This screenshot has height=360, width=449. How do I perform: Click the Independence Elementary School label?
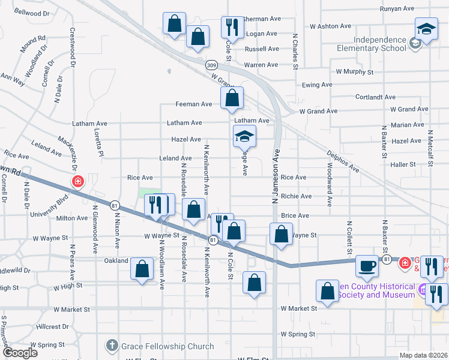[x=380, y=44]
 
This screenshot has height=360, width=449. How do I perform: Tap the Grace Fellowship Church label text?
[x=167, y=346]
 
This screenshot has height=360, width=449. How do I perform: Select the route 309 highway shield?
[x=211, y=64]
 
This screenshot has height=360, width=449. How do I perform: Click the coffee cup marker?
[x=367, y=266]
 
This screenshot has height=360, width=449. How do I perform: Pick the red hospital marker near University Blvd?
[x=77, y=181]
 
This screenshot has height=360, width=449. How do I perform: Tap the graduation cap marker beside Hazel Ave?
[x=244, y=137]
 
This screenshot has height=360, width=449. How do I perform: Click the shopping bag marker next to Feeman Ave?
[x=232, y=98]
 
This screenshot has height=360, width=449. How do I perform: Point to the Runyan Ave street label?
[x=397, y=9]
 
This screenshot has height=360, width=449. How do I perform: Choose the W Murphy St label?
[x=355, y=71]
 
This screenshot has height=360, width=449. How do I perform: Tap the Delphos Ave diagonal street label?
[x=343, y=161]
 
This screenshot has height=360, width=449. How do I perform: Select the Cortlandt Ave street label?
[x=375, y=97]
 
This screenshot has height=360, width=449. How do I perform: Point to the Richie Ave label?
[x=296, y=196]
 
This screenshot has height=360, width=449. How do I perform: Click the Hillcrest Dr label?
[x=52, y=327]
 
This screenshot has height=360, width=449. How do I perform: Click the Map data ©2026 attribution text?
[x=423, y=355]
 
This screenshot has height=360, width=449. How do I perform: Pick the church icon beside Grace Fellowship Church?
[x=112, y=346]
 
